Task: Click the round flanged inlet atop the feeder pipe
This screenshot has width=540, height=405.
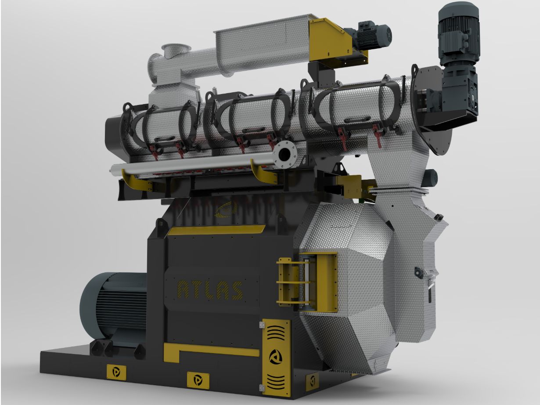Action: coord(175,51)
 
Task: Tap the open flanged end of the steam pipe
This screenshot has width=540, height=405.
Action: coord(285,154)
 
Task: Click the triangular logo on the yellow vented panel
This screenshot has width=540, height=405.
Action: coord(274,357)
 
